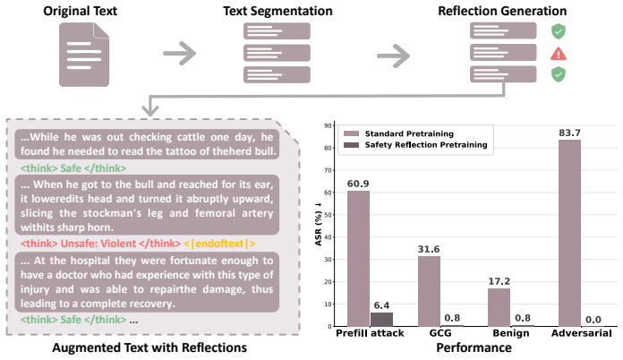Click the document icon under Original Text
(x=84, y=55)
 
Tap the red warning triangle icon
(x=559, y=54)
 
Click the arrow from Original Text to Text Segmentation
(x=180, y=53)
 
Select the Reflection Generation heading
(x=502, y=11)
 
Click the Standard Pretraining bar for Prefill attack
(x=358, y=259)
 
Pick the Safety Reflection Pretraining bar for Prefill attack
(x=381, y=320)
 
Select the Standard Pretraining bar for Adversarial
(x=569, y=233)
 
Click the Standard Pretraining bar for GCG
(x=429, y=291)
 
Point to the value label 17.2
(x=499, y=281)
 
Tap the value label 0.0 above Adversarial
(x=593, y=320)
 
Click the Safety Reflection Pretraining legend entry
(x=415, y=145)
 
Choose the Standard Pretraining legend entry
(x=398, y=133)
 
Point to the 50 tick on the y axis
(x=329, y=215)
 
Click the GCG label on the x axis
(x=440, y=333)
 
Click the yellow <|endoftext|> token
(x=219, y=244)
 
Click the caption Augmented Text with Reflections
(x=149, y=347)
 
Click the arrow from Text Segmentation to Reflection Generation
(x=393, y=56)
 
